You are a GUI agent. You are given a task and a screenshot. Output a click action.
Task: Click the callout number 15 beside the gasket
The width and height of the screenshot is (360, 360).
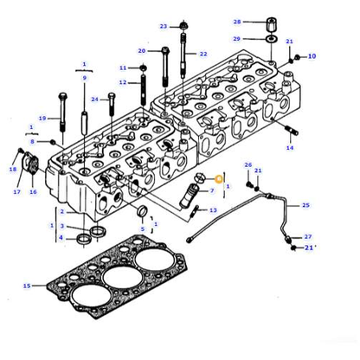click(27, 286)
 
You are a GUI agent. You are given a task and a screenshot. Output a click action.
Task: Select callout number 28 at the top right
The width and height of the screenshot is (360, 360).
click(236, 21)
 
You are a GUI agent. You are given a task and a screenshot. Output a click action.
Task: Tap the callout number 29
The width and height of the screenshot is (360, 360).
click(236, 40)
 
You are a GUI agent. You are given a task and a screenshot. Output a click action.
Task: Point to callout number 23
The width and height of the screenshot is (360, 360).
click(163, 27)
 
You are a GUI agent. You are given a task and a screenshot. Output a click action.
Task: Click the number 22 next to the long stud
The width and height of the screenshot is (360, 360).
click(203, 55)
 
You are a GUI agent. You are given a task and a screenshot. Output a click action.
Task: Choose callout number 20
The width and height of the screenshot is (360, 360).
click(142, 51)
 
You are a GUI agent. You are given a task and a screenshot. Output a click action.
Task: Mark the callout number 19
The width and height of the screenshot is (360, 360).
click(42, 118)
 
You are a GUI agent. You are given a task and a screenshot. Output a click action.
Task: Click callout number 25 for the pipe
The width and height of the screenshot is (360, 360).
click(305, 205)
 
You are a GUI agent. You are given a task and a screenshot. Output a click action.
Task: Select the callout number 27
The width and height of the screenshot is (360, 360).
click(307, 236)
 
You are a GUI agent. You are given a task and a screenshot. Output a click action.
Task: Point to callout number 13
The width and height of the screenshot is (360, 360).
click(214, 210)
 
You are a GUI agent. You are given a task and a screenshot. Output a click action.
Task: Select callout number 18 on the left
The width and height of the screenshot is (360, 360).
click(13, 170)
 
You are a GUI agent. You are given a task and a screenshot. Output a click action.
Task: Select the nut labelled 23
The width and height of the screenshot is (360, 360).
click(184, 24)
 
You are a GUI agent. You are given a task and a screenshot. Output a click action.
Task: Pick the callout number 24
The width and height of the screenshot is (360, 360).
click(94, 100)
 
